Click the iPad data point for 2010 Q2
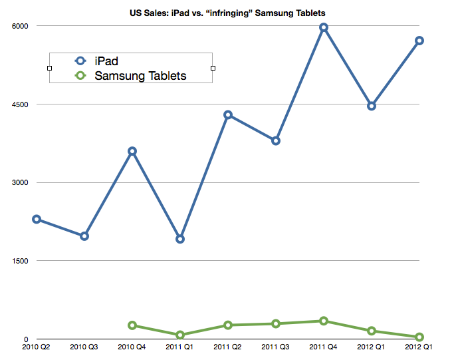(x=37, y=219)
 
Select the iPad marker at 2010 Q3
(x=84, y=236)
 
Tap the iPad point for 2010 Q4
(x=132, y=151)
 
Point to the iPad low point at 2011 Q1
(x=180, y=239)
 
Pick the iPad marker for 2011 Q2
(x=228, y=114)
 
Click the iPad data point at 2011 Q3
(x=276, y=140)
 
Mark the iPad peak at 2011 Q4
(x=324, y=27)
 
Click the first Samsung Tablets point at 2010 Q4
(x=132, y=325)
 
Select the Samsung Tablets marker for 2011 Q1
(x=180, y=335)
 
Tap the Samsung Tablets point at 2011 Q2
(x=228, y=325)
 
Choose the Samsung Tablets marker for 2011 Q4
(x=324, y=321)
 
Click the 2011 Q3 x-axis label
(x=276, y=348)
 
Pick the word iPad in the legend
(x=106, y=61)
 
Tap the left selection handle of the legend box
(x=50, y=68)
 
